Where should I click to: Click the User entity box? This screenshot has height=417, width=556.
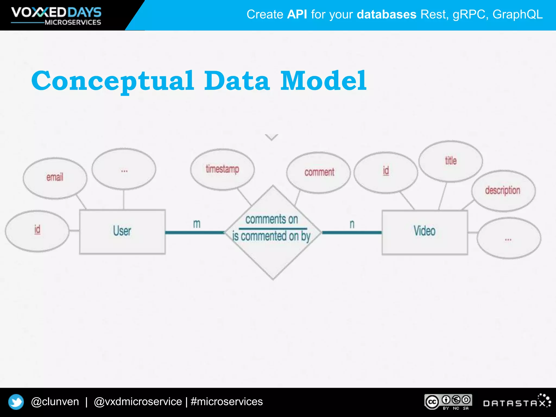(122, 232)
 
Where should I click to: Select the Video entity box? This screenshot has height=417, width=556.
(425, 232)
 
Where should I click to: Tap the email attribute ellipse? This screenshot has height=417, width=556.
(55, 178)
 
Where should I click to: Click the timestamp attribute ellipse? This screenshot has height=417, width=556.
(222, 169)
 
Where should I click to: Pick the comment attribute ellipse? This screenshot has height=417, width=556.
(319, 173)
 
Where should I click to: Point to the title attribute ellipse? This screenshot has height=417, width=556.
(451, 161)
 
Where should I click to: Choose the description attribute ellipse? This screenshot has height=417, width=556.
(503, 191)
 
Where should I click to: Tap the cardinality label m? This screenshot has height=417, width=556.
(197, 224)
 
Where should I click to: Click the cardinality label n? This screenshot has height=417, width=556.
(352, 224)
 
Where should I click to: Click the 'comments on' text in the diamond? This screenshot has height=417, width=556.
(272, 219)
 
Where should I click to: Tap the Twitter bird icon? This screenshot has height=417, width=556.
(16, 402)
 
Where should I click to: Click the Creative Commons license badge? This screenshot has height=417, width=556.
(448, 402)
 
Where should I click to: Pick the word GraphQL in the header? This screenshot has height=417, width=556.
(517, 14)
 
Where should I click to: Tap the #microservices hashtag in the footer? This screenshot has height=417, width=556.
(227, 402)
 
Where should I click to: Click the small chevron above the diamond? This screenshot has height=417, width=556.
(271, 137)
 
